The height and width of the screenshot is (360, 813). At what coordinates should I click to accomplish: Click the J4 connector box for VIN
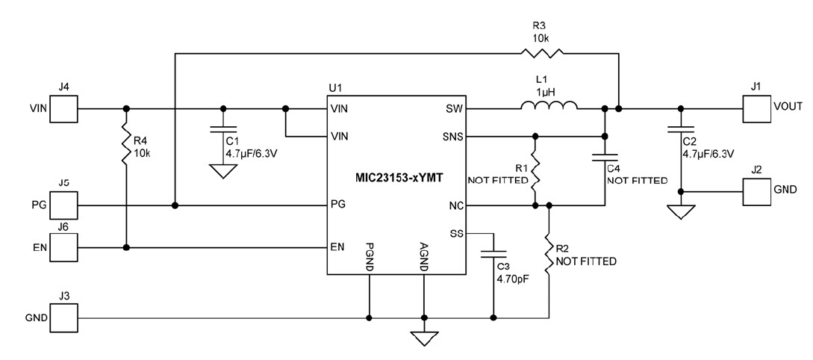click(64, 109)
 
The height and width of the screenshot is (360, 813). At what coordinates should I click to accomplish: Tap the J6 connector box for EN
click(64, 247)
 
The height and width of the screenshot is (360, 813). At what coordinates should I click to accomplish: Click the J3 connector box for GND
click(64, 318)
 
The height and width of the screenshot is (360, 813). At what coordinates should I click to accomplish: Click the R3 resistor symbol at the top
click(542, 53)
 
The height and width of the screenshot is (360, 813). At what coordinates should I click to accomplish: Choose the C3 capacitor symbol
click(492, 255)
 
